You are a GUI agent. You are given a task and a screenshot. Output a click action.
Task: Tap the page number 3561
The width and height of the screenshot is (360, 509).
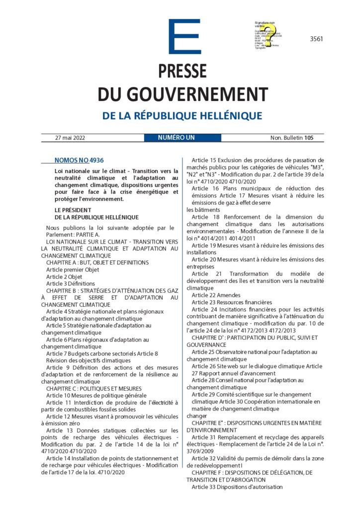(315, 39)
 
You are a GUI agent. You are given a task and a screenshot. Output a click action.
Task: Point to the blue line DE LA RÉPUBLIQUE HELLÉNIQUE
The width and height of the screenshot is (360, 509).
(182, 116)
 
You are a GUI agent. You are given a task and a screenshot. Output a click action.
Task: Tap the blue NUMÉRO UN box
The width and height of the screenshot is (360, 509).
(176, 137)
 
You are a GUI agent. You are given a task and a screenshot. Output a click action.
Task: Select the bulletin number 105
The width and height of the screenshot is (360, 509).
(309, 137)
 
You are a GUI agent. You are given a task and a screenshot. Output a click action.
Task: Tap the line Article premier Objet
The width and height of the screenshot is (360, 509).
(73, 269)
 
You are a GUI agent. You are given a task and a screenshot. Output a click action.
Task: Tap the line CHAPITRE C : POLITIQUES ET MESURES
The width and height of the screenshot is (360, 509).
(93, 388)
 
